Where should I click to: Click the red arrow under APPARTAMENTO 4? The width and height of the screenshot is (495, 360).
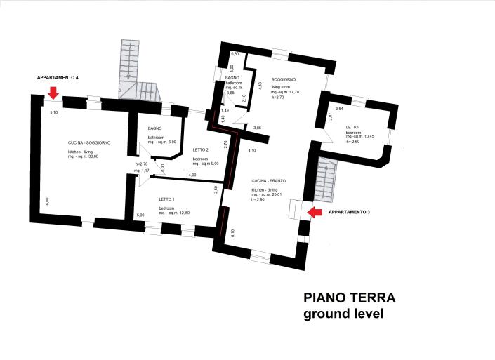coord(52,93)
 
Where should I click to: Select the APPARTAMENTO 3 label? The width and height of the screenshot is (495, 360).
coord(349,211)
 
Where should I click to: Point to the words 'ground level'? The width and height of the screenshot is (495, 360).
coord(343,314)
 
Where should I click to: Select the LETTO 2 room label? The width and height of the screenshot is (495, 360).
coord(200,149)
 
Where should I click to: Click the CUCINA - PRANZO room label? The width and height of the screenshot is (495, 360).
coord(270,181)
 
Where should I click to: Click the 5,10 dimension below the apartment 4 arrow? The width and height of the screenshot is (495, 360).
coord(53,112)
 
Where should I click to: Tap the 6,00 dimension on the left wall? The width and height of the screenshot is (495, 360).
coord(47,201)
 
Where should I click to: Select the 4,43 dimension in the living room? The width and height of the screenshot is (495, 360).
coord(260,87)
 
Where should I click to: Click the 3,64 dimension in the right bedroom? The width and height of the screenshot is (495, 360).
coord(339,109)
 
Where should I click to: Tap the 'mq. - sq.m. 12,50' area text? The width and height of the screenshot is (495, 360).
coord(174,213)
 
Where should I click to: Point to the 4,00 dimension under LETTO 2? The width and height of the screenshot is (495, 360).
coord(192,174)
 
